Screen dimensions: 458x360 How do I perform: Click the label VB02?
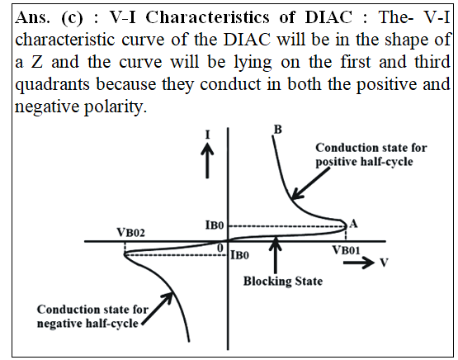click(x=130, y=233)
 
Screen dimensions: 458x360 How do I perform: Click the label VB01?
click(x=346, y=250)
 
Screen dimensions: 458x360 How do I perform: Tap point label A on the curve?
click(x=353, y=224)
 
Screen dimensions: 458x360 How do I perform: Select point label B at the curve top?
click(x=278, y=129)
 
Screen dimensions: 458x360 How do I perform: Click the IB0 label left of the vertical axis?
click(x=215, y=225)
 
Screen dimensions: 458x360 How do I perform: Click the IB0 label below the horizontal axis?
click(x=240, y=255)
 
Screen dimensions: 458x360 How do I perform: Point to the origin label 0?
click(x=220, y=249)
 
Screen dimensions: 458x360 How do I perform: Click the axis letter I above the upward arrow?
click(x=207, y=135)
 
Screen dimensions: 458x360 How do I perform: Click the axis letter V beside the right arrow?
click(x=384, y=263)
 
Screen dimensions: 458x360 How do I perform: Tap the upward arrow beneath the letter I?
click(x=207, y=160)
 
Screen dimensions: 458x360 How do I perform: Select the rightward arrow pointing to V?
click(x=359, y=263)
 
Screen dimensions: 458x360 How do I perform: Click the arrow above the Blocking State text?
click(x=275, y=255)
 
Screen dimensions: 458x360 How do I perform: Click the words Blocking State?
click(x=283, y=281)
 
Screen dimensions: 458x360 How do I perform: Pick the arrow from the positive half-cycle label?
click(x=311, y=184)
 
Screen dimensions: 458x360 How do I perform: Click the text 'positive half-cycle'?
click(x=364, y=162)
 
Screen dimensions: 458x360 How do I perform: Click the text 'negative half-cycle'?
click(x=87, y=324)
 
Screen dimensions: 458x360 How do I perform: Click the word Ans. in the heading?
click(x=32, y=17)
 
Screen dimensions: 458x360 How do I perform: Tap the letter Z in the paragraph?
click(x=37, y=62)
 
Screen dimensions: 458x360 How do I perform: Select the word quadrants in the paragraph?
click(x=52, y=85)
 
